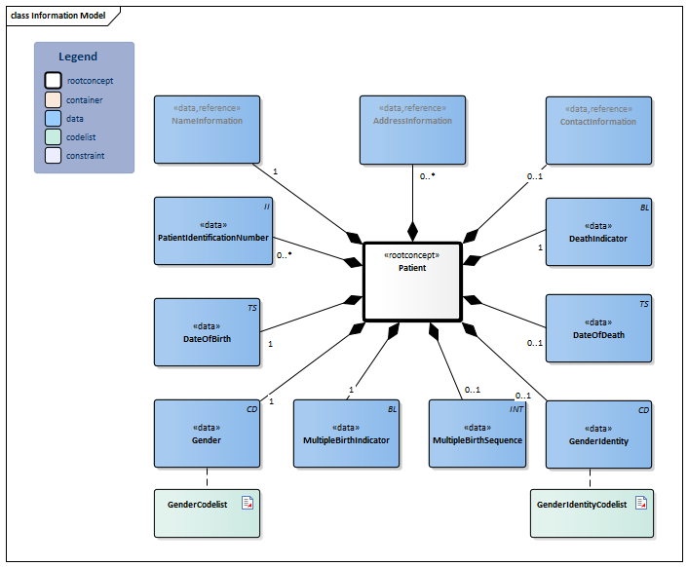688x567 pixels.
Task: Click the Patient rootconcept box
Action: pos(411,281)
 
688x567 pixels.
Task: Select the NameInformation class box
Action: pos(207,130)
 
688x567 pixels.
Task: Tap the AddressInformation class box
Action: pos(412,130)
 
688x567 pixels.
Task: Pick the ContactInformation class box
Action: pos(597,130)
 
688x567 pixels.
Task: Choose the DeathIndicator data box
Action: pos(597,232)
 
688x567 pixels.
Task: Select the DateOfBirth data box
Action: pos(207,332)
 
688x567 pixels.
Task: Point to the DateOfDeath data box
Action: pos(597,329)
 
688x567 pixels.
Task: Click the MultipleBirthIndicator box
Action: pos(346,434)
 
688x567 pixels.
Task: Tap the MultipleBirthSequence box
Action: pos(478,434)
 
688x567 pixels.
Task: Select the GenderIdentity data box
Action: pos(597,434)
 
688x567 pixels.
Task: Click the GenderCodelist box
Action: pos(207,512)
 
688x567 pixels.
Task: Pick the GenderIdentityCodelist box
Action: pos(592,512)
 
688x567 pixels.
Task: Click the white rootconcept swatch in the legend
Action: pos(54,81)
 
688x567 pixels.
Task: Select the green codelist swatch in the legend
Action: pos(54,136)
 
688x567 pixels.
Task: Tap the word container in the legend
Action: pos(85,99)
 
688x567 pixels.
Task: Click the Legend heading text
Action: pos(78,57)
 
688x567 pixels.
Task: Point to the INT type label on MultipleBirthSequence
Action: pos(516,409)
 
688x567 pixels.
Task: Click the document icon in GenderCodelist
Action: pos(248,503)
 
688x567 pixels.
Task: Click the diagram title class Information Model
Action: pos(58,16)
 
